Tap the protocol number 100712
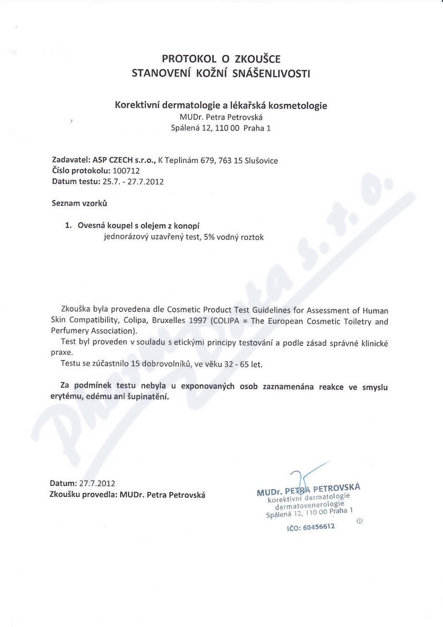tap(126, 170)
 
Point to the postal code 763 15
tap(230, 161)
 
